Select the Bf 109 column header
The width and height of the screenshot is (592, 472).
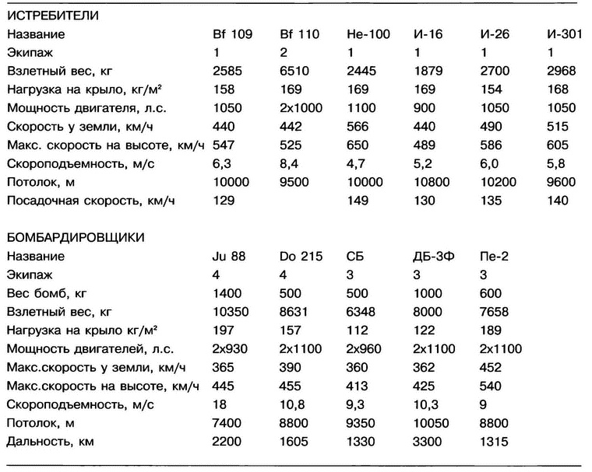(x=232, y=34)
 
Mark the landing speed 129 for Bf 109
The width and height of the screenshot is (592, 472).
(x=224, y=201)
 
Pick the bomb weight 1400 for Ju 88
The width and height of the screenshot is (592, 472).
(x=227, y=293)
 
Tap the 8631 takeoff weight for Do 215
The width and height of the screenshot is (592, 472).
(x=294, y=312)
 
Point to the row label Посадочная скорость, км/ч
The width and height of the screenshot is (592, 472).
(x=91, y=201)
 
